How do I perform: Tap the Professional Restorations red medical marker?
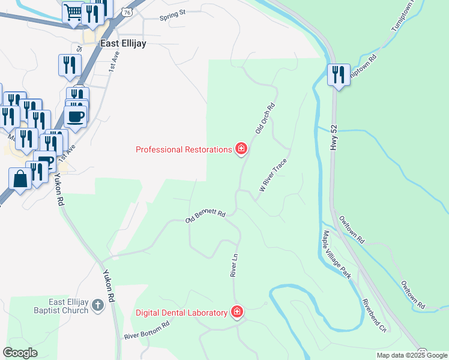pos(241,149)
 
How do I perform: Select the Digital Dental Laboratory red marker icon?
pos(237,312)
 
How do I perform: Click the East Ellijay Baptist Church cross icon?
pos(98,307)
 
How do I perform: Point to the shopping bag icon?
pos(20,179)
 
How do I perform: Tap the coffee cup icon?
pos(76,116)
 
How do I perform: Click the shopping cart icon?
pos(73,13)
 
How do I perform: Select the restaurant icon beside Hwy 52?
pos(339,75)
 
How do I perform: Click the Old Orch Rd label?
pos(265,118)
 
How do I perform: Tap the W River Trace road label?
pos(273,175)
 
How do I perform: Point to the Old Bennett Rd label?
pos(205,217)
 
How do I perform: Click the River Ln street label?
pos(235,265)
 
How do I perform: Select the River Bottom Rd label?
pos(147,330)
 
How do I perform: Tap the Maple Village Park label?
pos(336,254)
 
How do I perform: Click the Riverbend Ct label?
pos(374,315)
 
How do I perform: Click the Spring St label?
pos(173,17)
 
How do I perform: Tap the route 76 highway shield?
pos(125,12)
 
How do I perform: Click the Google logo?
pos(20,353)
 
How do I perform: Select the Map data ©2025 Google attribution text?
pos(411,355)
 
